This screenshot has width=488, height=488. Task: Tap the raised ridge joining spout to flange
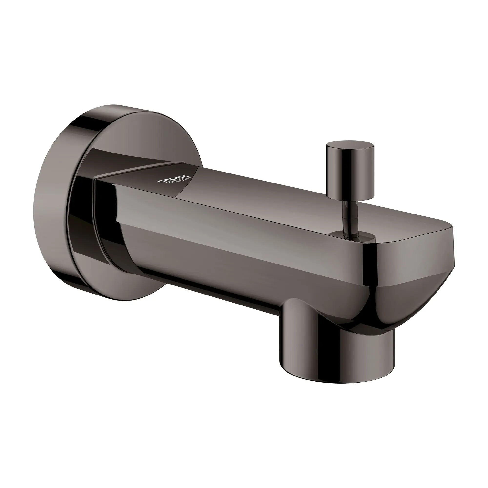(131, 172)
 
